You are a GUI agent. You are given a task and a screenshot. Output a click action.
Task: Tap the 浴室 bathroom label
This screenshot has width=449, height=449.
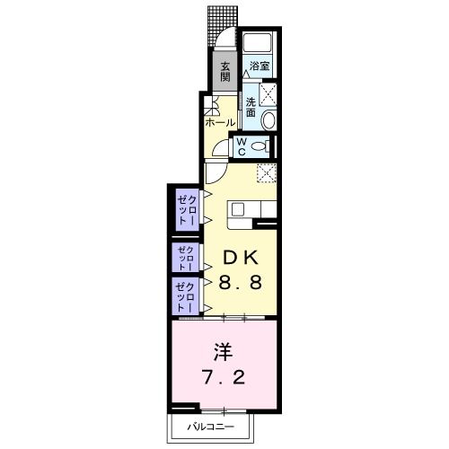coord(260,66)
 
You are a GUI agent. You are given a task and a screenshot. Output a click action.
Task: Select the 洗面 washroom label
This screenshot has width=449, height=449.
coord(251,107)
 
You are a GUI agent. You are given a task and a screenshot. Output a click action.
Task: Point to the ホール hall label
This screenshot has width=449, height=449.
coord(220,121)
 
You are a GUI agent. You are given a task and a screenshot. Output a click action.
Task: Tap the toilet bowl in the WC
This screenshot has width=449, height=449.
coord(260,146)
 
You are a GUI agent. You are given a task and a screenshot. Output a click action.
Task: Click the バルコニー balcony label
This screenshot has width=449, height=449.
coord(212,426)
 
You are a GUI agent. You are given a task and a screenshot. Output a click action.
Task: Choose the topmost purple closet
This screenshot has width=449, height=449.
coord(186,209)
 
